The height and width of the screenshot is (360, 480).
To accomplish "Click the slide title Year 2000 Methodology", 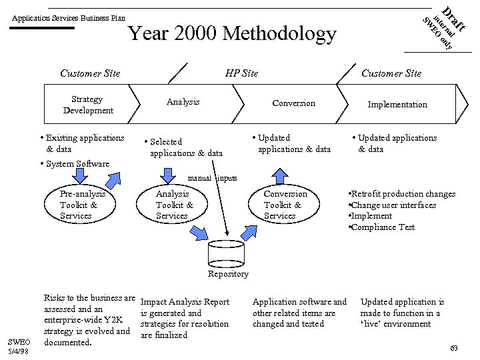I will [x=231, y=33].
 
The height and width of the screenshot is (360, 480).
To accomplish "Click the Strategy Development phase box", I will [x=88, y=105].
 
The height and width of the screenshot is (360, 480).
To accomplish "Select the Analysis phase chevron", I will [x=183, y=102].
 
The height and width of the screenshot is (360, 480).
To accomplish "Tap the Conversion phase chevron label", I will [x=293, y=103].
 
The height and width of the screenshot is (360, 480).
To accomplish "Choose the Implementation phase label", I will [x=398, y=104].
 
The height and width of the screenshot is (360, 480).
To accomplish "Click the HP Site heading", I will [x=241, y=73].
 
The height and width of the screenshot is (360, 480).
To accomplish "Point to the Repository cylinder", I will [x=228, y=253].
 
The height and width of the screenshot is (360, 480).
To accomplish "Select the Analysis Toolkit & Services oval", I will [x=174, y=205].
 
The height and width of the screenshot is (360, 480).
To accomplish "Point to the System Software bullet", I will [x=75, y=164].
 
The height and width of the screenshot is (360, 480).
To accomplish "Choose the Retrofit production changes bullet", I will [x=402, y=193].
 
